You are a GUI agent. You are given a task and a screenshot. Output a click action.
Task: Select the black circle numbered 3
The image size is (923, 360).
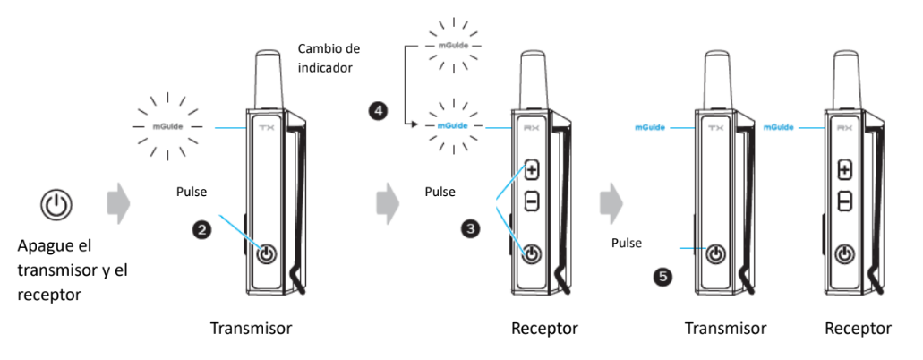click(470, 229)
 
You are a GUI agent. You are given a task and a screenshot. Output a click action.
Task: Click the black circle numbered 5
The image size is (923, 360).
click(662, 277)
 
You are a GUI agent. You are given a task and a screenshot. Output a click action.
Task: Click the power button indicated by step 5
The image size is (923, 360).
click(714, 254)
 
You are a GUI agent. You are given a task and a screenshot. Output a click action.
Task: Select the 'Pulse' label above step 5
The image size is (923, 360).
click(626, 242)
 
